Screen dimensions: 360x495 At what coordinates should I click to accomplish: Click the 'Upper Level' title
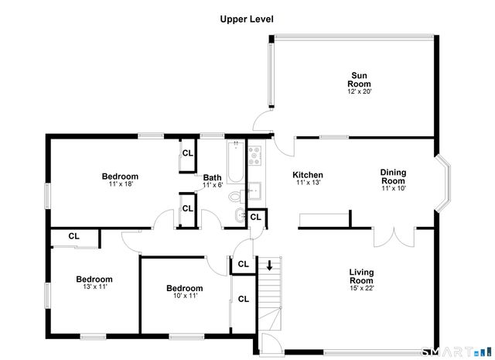247,19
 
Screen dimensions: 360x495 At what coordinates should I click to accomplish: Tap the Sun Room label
359,79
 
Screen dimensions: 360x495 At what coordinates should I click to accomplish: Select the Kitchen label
307,175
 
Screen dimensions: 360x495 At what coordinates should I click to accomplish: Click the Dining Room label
393,177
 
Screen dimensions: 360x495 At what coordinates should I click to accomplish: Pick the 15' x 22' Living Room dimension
361,289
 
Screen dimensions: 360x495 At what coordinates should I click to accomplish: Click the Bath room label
212,178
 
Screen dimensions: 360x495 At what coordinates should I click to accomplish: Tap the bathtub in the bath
234,159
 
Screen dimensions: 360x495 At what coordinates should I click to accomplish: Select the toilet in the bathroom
241,214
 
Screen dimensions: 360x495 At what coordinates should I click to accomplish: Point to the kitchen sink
255,193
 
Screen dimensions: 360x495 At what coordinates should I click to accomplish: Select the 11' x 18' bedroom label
120,177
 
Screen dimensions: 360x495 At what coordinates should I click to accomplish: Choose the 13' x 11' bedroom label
94,279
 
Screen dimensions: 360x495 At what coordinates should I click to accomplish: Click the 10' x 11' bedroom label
185,290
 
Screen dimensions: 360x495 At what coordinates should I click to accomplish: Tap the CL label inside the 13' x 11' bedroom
73,236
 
